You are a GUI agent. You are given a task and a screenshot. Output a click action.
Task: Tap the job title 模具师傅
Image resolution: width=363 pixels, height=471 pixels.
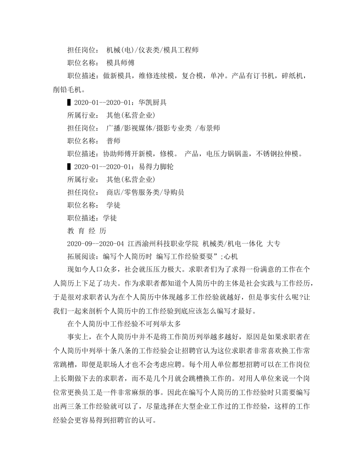[120, 62]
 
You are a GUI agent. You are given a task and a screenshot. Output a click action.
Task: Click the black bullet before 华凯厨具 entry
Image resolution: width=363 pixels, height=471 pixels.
[69, 103]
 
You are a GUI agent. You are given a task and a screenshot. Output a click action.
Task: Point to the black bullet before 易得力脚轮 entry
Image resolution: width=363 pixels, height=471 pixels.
[69, 167]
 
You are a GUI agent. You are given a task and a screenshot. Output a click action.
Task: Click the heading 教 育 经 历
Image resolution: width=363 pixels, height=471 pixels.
[87, 231]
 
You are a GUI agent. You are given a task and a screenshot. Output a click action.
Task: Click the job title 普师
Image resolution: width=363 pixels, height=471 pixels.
[113, 141]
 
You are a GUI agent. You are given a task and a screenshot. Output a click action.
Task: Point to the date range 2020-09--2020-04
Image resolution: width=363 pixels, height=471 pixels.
[96, 244]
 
